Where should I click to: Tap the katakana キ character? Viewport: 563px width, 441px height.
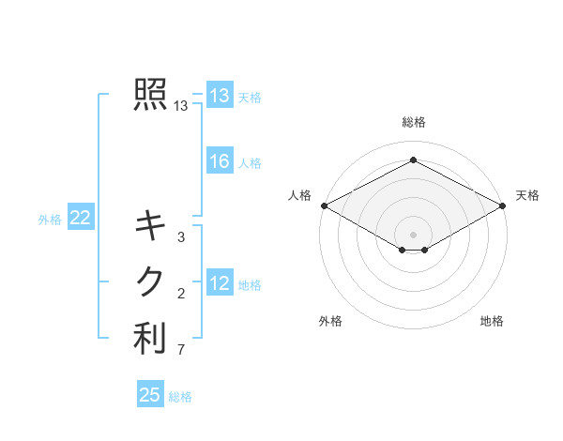click(150, 224)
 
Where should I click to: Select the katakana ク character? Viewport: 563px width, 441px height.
click(150, 281)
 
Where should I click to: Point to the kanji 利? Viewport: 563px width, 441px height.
click(150, 339)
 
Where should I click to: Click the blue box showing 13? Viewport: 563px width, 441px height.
click(220, 96)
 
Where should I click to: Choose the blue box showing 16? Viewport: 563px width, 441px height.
click(220, 161)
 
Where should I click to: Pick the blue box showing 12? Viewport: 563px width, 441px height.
click(220, 283)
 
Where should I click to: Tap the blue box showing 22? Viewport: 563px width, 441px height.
click(80, 219)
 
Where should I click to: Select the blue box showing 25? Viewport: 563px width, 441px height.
click(150, 395)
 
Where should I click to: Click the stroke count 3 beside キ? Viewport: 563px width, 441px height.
click(181, 237)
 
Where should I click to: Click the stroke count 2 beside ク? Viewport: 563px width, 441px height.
click(181, 295)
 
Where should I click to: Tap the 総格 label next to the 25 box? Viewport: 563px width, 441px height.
click(180, 397)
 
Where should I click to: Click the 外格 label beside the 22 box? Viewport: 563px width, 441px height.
click(50, 220)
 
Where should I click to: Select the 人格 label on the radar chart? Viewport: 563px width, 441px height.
click(299, 195)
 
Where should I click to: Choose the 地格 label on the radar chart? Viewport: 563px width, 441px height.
click(492, 321)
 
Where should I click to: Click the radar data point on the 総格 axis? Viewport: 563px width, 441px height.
click(413, 160)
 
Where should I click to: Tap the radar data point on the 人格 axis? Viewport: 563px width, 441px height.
click(324, 205)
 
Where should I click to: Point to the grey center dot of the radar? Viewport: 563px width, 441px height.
click(413, 234)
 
